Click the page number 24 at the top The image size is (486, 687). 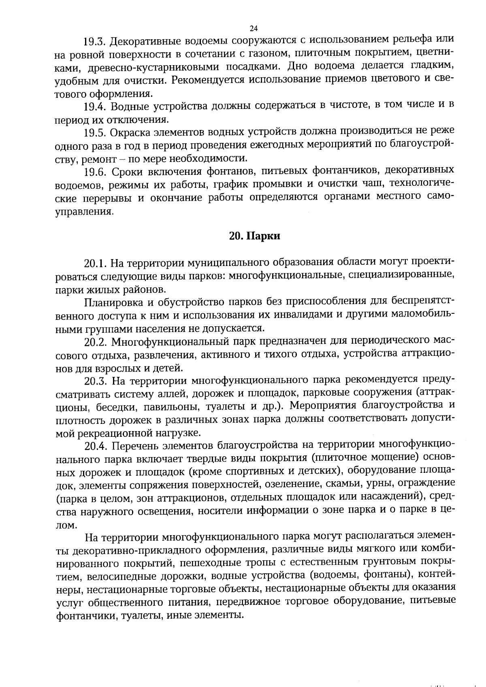click(x=254, y=28)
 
